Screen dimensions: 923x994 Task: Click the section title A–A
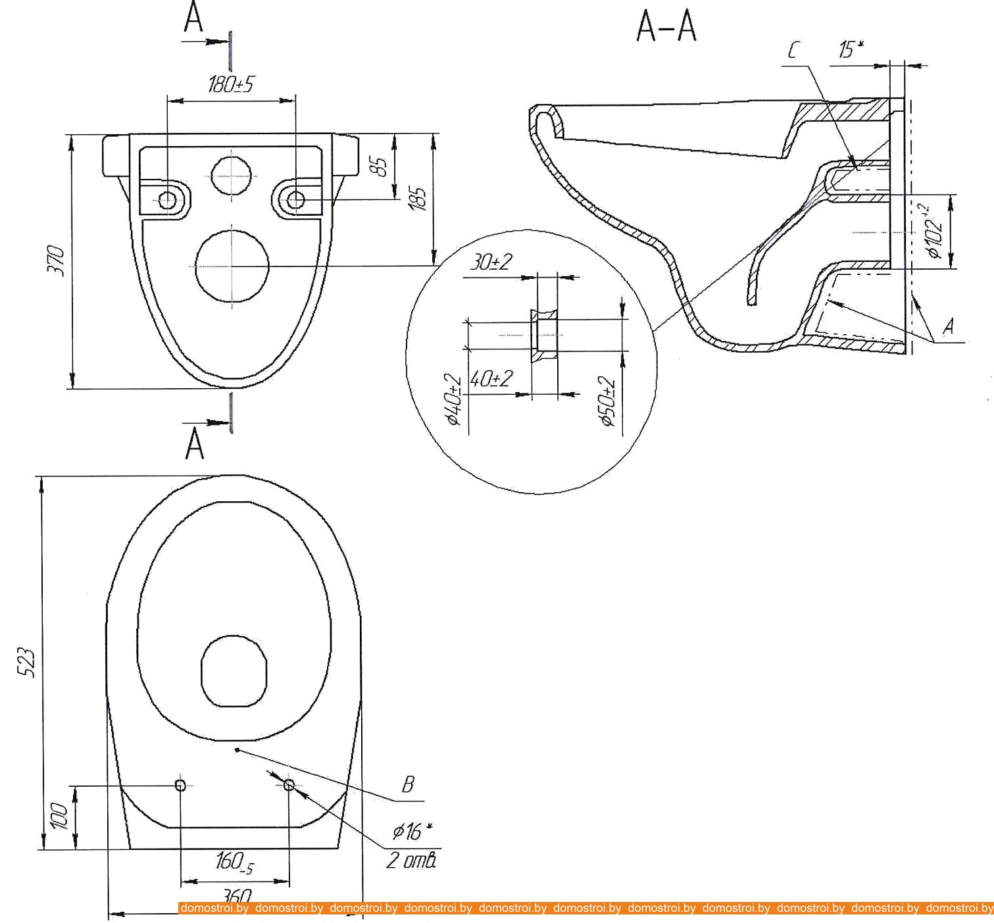666,28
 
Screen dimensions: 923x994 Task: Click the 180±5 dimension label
230,84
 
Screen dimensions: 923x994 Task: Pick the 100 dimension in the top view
59,816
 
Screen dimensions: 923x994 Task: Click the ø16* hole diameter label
410,832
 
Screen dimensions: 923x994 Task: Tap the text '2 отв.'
410,860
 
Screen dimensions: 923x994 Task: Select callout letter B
408,784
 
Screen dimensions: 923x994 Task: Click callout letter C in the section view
794,50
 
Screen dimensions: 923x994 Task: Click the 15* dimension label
850,49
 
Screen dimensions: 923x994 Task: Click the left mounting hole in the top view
180,785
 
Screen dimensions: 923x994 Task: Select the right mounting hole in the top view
289,785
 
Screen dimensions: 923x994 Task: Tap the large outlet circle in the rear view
232,266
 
